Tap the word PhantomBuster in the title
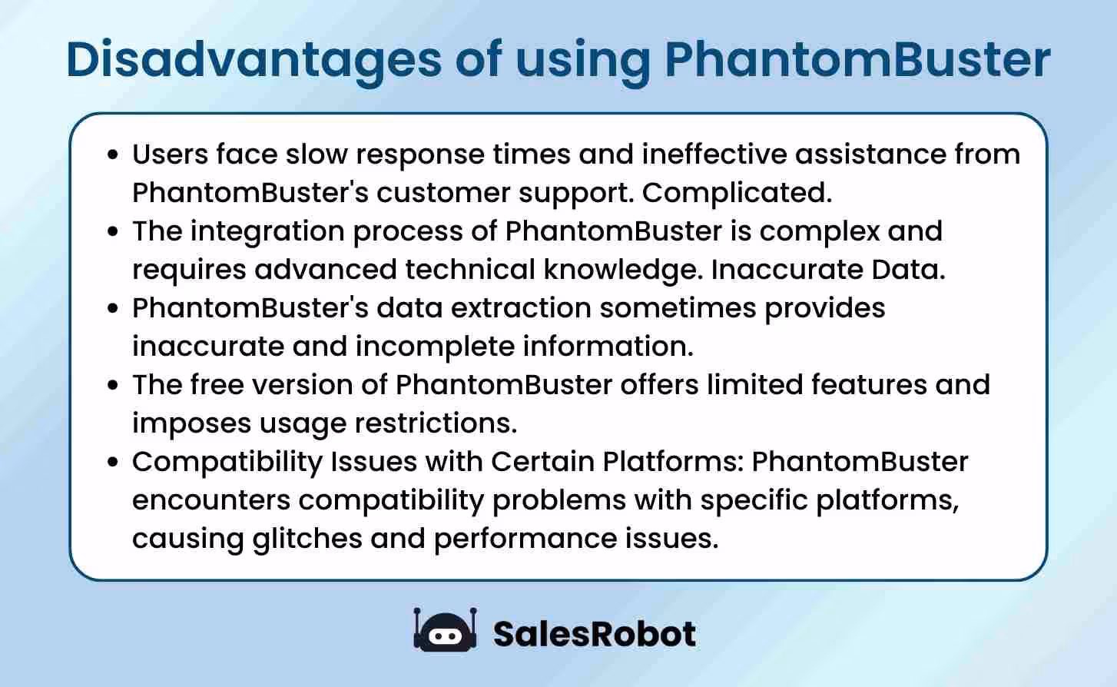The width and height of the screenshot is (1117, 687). pos(857,59)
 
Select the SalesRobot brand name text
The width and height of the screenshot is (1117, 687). pos(594,634)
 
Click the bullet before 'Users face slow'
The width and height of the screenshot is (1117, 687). pos(114,154)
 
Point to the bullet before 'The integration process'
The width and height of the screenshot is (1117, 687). pos(114,231)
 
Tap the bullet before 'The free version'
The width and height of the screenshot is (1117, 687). pos(114,385)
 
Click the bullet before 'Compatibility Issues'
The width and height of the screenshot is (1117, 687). pos(114,462)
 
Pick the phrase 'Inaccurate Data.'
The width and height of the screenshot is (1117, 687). pos(827,270)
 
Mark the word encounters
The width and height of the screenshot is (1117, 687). pos(210,500)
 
